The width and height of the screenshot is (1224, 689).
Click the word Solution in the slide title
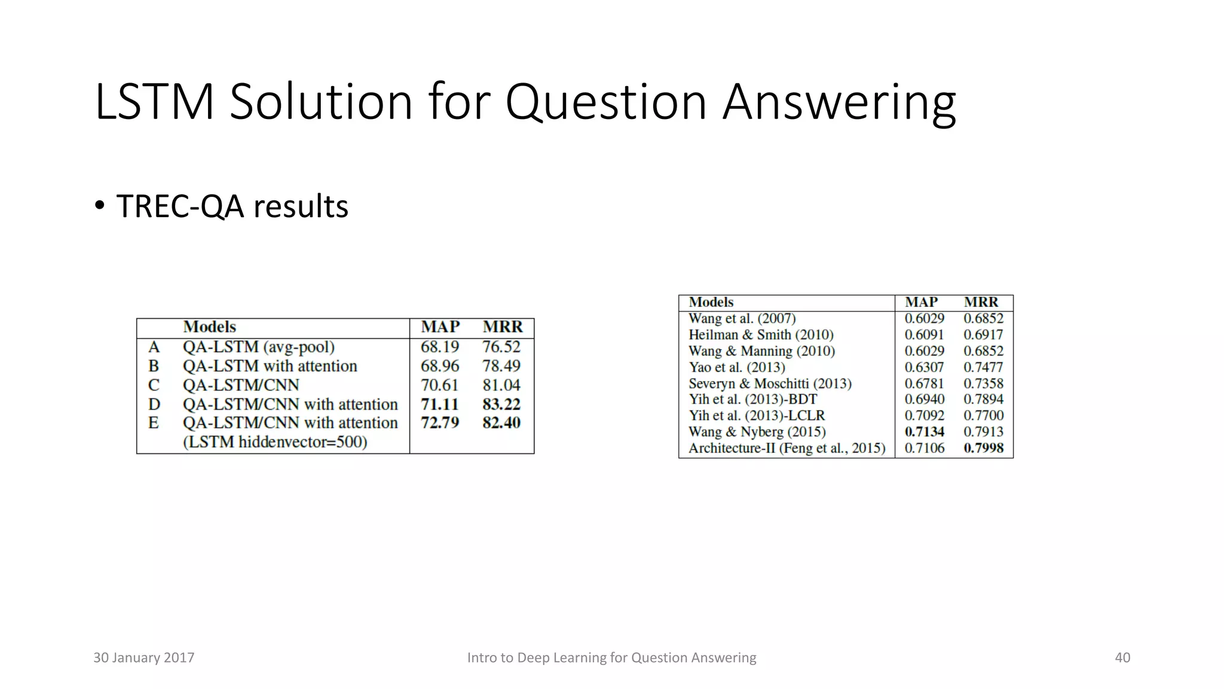click(320, 102)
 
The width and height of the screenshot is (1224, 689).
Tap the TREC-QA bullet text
click(232, 207)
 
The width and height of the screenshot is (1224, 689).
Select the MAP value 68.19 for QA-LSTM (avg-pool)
click(440, 347)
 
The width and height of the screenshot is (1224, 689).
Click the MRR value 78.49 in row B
click(501, 366)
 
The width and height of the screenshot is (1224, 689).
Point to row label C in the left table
click(154, 385)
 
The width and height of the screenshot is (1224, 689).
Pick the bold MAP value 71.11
click(440, 404)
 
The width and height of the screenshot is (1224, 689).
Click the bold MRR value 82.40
click(501, 423)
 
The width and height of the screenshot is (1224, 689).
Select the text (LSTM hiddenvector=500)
click(275, 442)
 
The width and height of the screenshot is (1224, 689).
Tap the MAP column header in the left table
click(440, 327)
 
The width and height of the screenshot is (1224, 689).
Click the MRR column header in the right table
click(981, 303)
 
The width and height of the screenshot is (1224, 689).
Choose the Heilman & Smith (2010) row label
click(761, 335)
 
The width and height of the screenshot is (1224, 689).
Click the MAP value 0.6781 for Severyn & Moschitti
click(925, 383)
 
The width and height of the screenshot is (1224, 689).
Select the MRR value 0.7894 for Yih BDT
click(984, 400)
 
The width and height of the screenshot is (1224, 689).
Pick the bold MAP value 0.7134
click(925, 432)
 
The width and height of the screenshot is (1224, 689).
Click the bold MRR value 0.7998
click(984, 448)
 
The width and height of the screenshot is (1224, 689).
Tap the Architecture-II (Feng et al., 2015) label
click(787, 448)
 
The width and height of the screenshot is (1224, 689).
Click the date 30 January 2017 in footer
click(144, 658)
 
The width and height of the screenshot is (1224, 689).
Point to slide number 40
click(1122, 658)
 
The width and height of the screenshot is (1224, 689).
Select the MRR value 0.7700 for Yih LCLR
click(984, 416)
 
